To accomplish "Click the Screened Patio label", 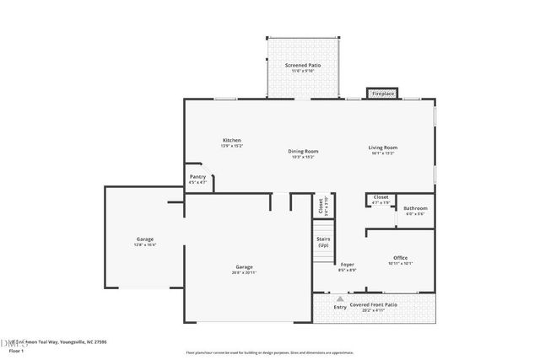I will [x=302, y=66].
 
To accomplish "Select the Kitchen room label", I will [x=232, y=141].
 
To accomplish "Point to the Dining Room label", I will [x=303, y=153].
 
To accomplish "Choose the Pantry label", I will [x=197, y=178].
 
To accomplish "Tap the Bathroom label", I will [x=414, y=209].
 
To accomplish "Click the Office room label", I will [x=400, y=259].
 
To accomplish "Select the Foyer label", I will [x=347, y=265].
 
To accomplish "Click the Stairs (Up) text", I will [x=323, y=242].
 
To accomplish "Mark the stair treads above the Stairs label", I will [x=323, y=225].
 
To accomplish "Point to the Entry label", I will [x=340, y=307].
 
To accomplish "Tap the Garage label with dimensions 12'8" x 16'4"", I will [x=145, y=241].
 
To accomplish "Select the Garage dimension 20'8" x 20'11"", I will [x=245, y=272].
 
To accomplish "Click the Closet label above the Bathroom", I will [x=381, y=198].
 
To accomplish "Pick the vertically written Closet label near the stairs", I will [x=321, y=204].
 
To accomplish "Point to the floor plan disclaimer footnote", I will [x=270, y=352].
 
